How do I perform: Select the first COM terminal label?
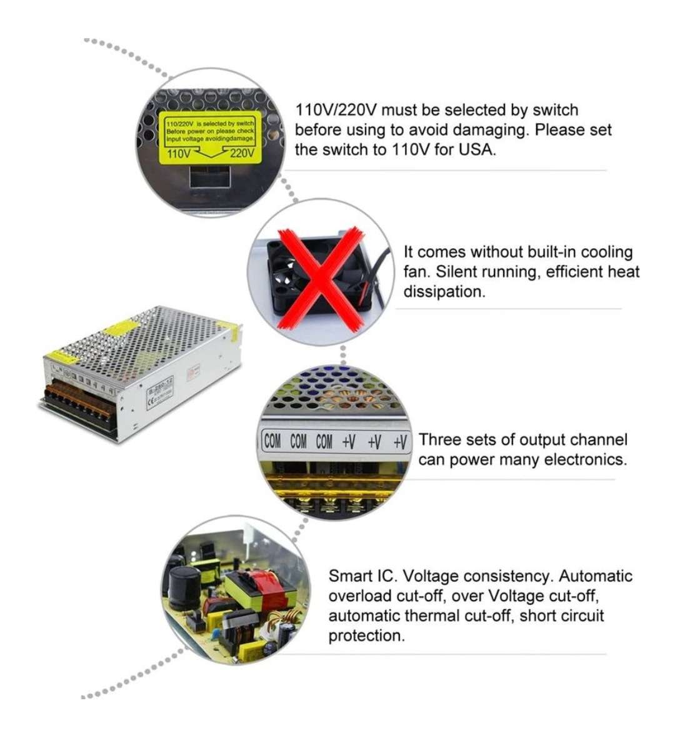pos(272,442)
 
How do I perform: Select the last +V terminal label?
pos(400,442)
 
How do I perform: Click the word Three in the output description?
pos(439,439)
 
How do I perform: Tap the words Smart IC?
pos(360,576)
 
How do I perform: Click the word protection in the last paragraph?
pos(366,636)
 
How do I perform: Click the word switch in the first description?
pos(555,110)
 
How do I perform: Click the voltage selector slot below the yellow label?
pos(210,176)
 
